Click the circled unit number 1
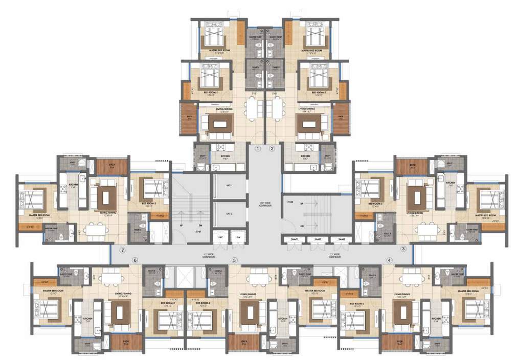[258, 149]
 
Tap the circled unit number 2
[272, 149]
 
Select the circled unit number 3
[403, 249]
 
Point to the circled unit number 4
[389, 260]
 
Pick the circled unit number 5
[234, 260]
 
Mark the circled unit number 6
[135, 260]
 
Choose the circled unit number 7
[122, 250]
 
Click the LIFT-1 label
[221, 186]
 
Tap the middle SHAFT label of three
[318, 239]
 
